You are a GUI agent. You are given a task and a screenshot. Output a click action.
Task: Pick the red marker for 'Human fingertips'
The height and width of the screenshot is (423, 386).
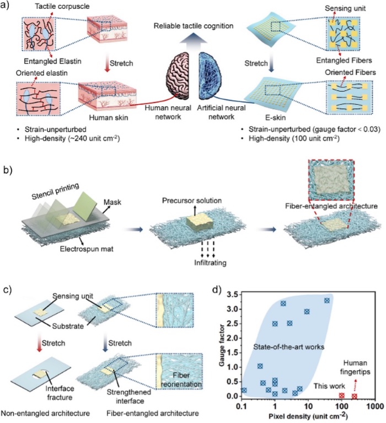(354, 396)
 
